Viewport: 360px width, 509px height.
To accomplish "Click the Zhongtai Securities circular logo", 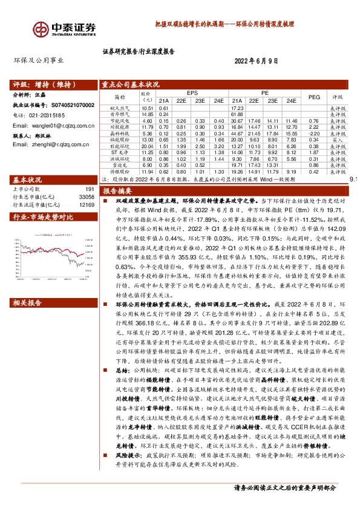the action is [41, 28].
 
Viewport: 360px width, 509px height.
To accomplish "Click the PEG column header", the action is [314, 97].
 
